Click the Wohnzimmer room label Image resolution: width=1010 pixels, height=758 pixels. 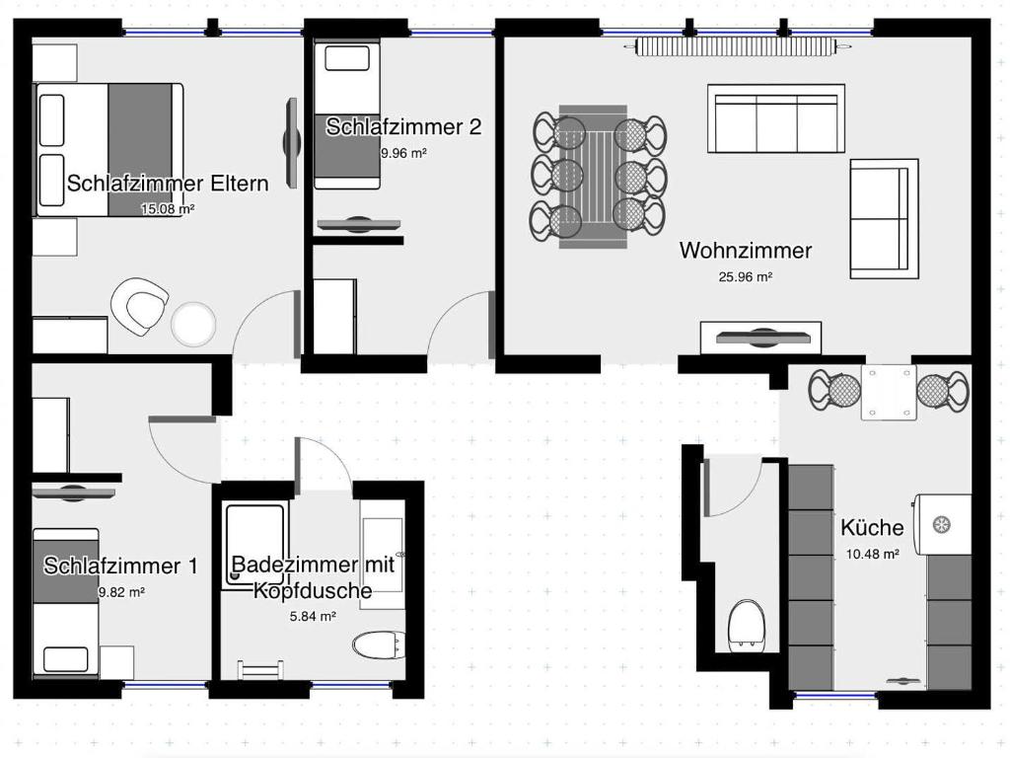[746, 250]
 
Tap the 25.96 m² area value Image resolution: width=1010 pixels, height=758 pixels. [746, 277]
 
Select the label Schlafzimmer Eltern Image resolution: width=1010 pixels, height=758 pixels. [168, 183]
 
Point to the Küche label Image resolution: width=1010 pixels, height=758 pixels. [872, 527]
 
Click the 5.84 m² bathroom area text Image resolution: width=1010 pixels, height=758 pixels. [313, 616]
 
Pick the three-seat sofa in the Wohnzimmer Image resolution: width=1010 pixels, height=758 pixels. [776, 118]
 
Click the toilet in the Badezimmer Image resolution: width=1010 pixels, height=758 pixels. [380, 645]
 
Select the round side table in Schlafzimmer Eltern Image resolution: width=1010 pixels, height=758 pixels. [193, 324]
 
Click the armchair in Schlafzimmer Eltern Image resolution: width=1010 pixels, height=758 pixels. [140, 307]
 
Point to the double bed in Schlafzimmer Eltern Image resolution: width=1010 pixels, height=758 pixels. [108, 150]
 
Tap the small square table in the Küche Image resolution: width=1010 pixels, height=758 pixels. [889, 392]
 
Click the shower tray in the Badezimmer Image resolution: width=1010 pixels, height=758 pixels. [255, 545]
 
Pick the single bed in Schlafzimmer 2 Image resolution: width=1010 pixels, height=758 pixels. [347, 114]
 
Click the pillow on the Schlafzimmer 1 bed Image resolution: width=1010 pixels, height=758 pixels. [66, 659]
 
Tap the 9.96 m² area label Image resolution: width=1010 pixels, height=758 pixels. [403, 153]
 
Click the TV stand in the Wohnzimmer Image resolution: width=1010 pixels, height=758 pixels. [760, 338]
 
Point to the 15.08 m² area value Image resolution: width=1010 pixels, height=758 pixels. [168, 209]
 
